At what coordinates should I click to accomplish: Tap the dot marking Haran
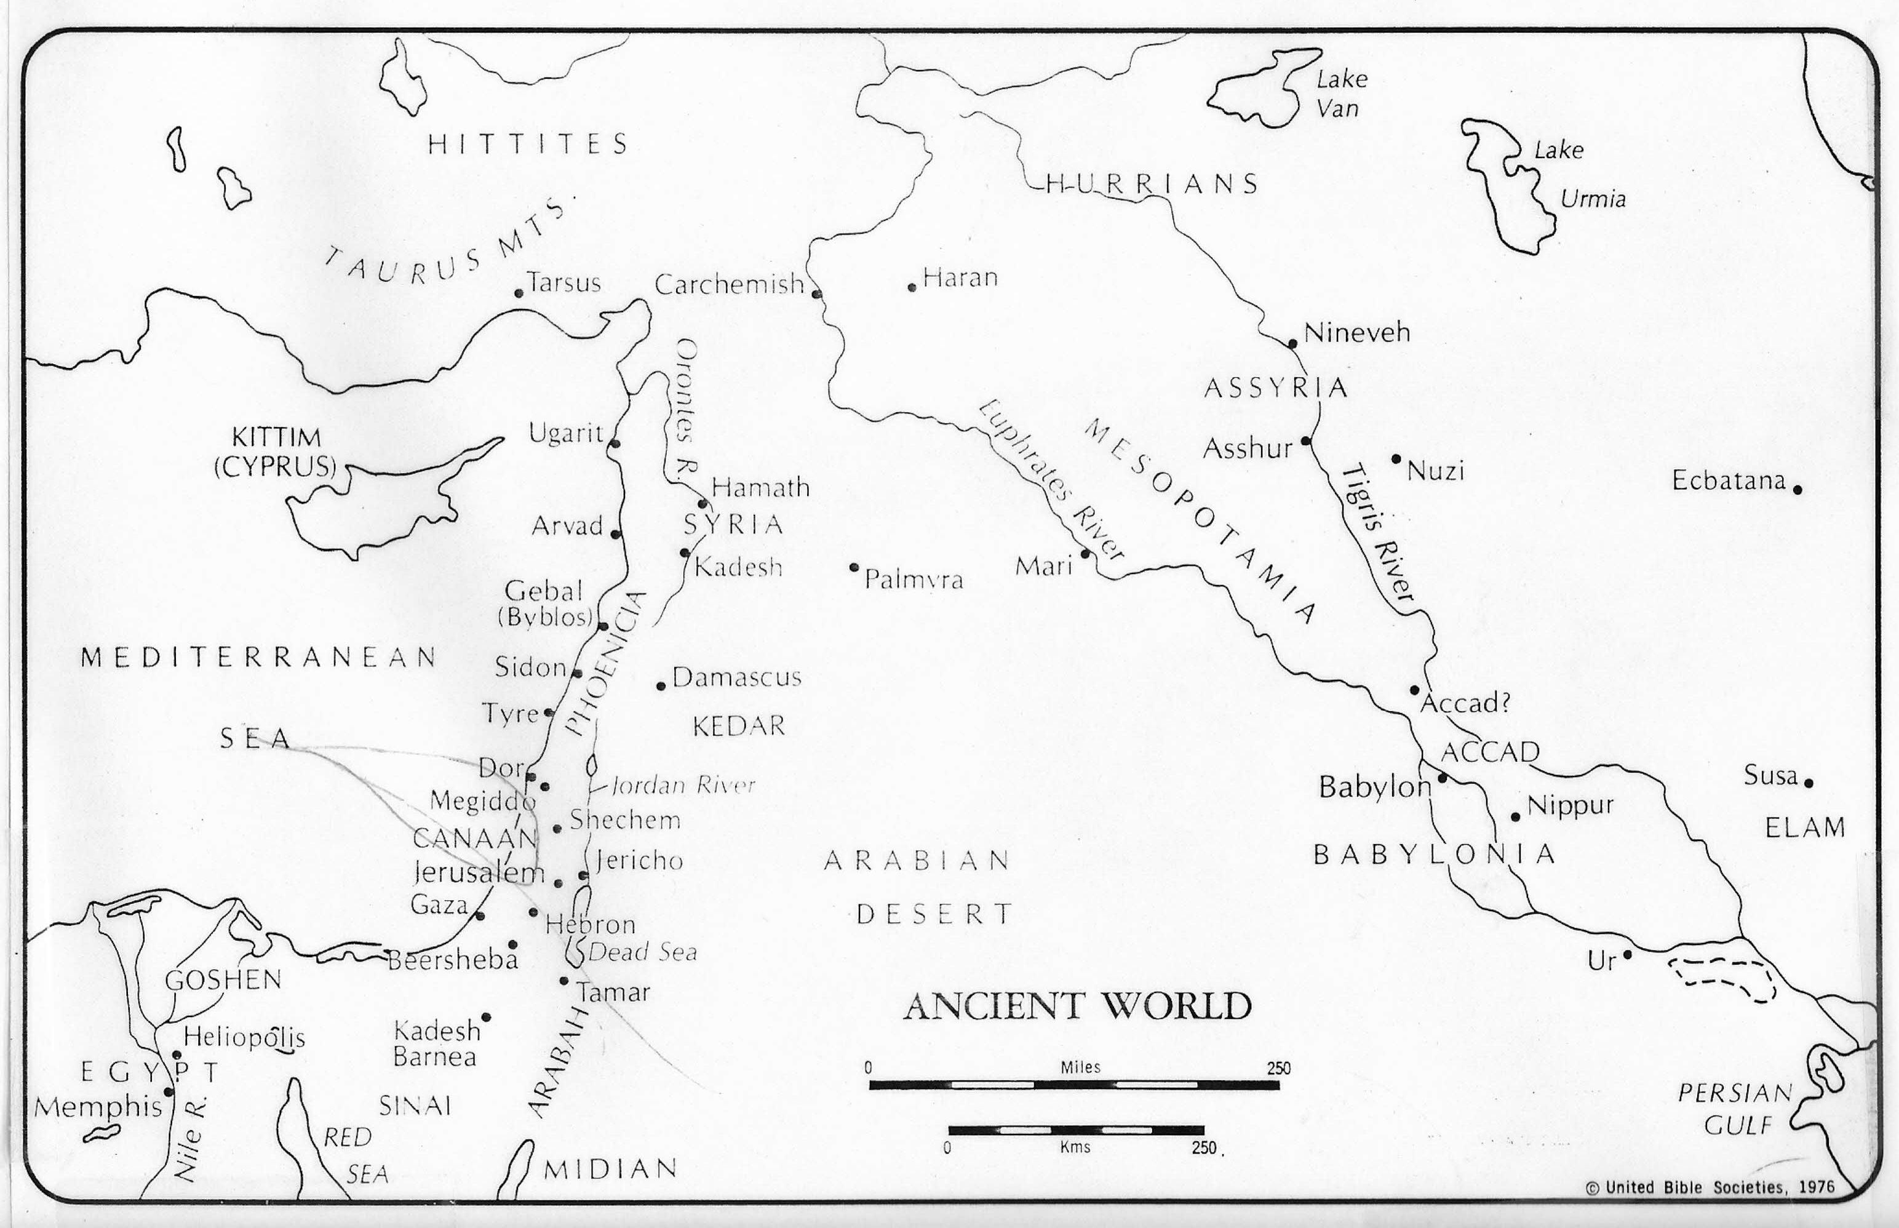click(912, 287)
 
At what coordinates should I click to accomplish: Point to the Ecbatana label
click(1729, 481)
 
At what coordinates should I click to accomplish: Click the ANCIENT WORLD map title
click(1077, 1007)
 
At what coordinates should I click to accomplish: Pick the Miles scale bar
click(1074, 1085)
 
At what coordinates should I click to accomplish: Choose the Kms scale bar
click(1075, 1130)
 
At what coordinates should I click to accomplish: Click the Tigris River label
click(1377, 534)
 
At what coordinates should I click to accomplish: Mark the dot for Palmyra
click(854, 568)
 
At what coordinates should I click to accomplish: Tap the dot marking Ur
click(1627, 954)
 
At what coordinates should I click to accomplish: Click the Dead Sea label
click(643, 952)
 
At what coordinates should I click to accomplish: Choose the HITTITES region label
click(528, 145)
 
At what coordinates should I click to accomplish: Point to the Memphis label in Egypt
click(97, 1107)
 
